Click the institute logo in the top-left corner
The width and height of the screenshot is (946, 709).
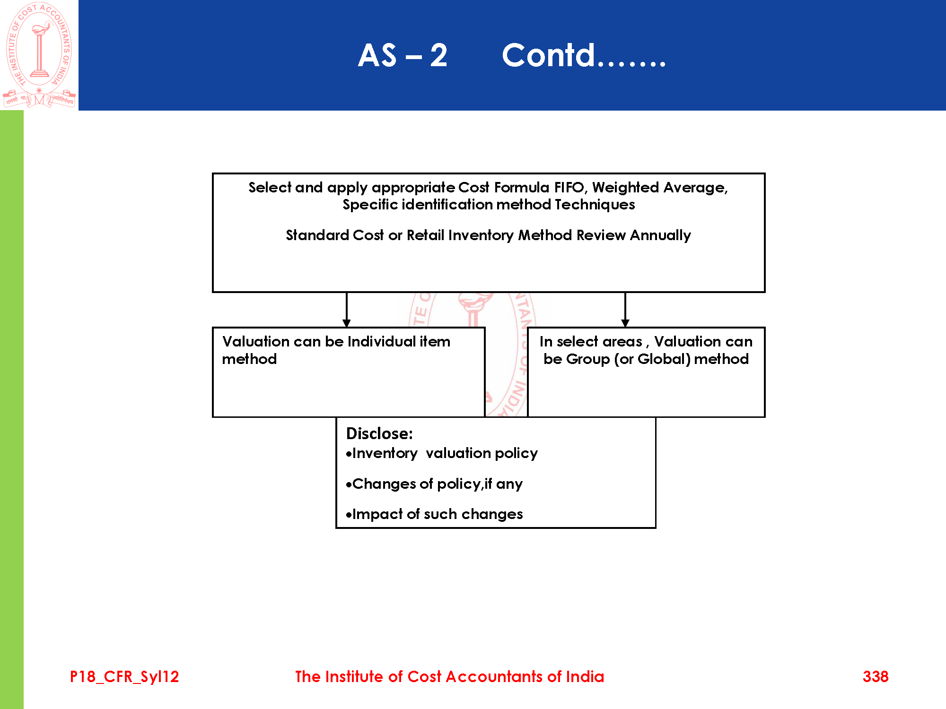pos(39,55)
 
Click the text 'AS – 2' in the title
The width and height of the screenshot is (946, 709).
pos(403,56)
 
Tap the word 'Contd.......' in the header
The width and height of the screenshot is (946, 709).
pos(584,56)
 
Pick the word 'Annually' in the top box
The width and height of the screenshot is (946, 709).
pos(660,235)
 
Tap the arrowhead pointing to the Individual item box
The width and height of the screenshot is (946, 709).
pos(347,323)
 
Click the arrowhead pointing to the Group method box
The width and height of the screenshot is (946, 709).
pos(625,323)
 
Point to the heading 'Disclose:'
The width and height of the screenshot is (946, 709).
pos(379,433)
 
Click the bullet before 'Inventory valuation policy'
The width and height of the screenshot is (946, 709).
pos(349,454)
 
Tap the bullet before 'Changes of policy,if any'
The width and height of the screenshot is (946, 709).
pos(349,485)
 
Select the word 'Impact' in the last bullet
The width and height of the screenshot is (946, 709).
pos(377,514)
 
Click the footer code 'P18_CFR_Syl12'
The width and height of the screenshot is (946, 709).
pos(124,677)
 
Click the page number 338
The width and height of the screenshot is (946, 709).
pos(876,677)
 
